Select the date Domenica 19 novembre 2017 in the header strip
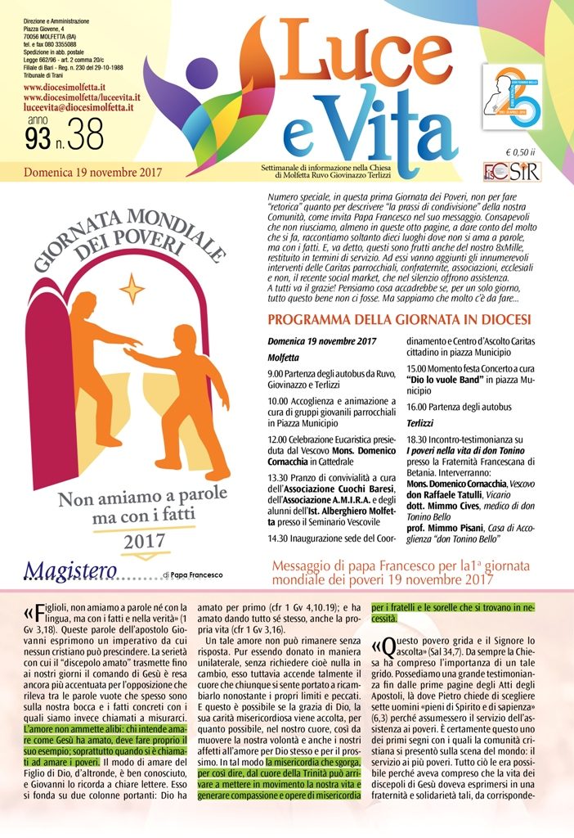(92, 172)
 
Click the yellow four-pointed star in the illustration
(132, 288)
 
